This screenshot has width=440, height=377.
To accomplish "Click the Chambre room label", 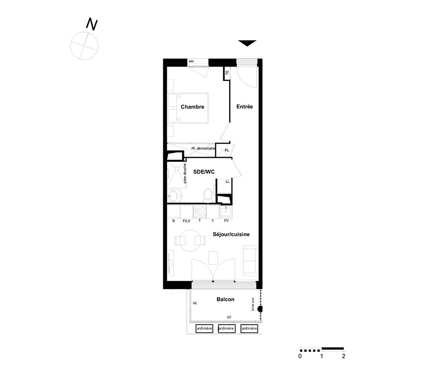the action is [192, 106].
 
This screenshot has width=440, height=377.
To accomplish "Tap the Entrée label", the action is [244, 106].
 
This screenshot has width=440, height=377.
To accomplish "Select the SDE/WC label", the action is [204, 172].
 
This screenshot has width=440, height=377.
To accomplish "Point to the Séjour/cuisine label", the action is [231, 234].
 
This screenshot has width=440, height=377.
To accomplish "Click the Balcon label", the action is [225, 299].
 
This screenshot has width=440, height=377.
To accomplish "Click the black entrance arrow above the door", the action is [247, 43].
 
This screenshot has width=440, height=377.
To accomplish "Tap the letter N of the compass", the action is [92, 24].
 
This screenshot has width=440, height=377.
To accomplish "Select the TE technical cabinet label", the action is [227, 73].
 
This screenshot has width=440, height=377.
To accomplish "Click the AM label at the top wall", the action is [191, 62].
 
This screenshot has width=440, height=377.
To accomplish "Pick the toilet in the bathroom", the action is [208, 195].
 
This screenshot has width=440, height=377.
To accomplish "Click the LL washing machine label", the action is [227, 182].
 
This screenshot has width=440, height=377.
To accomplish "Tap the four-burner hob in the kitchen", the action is [200, 212].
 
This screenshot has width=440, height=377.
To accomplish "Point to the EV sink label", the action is [227, 220].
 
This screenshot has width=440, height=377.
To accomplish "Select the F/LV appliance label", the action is [187, 221].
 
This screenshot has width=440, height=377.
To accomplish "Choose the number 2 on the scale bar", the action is [344, 356].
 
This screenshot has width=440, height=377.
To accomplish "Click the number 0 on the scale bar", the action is [300, 356].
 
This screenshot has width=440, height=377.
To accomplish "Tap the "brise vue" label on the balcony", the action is [253, 304].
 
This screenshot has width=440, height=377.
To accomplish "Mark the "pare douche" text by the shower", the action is [185, 173].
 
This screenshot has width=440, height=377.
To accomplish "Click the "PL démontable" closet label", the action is [203, 148].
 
